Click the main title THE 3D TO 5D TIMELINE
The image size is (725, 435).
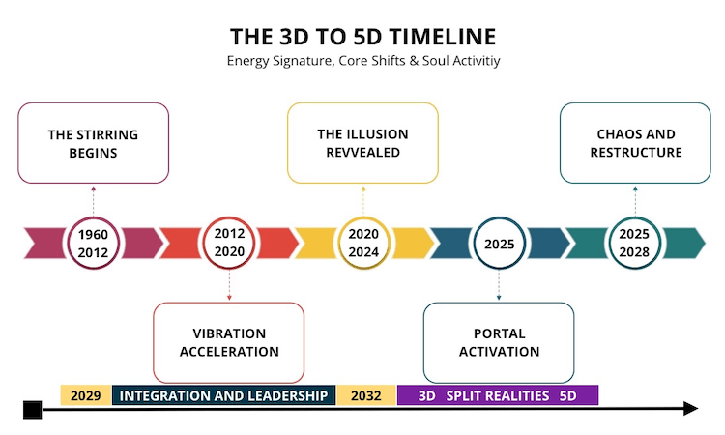coord(362,37)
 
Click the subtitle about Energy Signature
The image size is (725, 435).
coord(363,61)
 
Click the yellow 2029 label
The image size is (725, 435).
coord(86,395)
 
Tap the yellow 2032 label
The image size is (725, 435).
coord(366,395)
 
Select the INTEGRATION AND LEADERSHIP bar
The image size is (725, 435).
coord(224,395)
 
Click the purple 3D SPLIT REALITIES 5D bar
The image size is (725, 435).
coord(498,395)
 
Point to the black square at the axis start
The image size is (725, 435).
coord(32,410)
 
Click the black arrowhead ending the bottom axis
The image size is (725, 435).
coord(691,409)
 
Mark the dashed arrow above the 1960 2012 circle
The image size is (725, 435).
coord(94,201)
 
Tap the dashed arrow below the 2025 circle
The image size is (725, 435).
coord(499,285)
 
